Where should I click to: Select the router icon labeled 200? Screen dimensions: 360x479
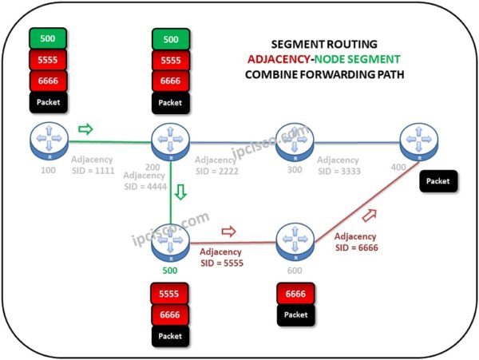point(171,140)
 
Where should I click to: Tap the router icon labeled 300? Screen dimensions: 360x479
point(294,140)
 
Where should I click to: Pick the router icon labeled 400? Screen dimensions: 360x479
point(417,140)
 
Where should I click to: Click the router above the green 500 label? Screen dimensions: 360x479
point(171,240)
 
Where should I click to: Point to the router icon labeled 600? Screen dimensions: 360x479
point(294,240)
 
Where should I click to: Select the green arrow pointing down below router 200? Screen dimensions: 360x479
point(181,193)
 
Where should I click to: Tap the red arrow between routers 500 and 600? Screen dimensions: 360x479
point(228,231)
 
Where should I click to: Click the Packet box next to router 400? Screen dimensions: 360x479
point(437,181)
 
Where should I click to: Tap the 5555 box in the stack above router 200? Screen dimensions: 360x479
point(171,60)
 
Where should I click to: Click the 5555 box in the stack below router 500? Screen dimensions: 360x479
point(171,295)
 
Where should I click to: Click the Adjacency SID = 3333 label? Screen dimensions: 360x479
point(338,166)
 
